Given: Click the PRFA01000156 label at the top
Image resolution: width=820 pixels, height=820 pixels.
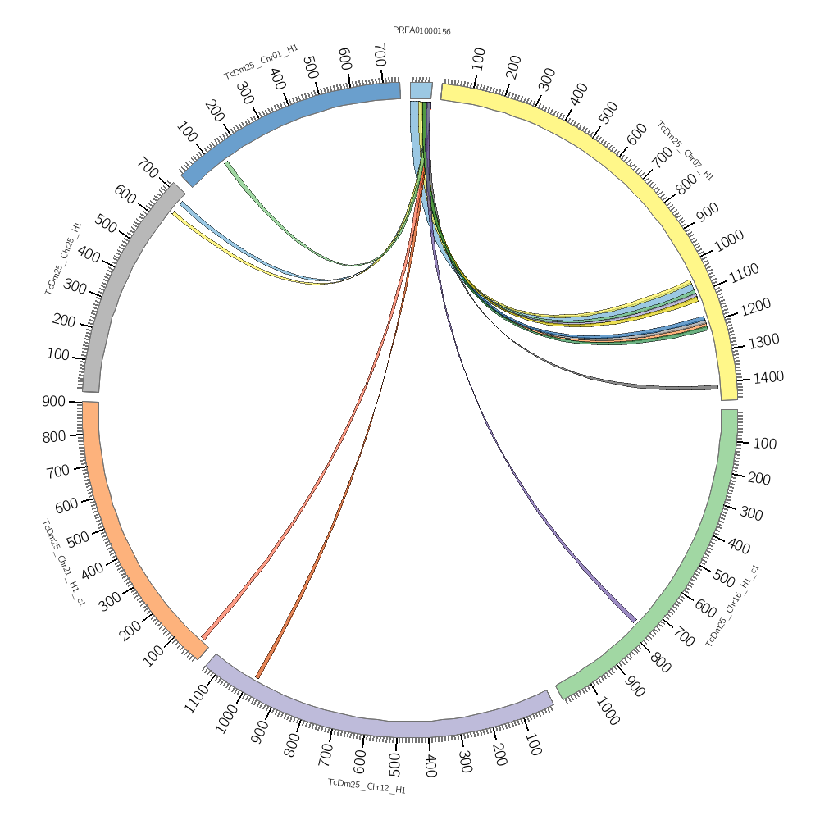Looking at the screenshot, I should (421, 31).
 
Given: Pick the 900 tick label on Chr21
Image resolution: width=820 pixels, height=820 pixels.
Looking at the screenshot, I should (54, 401).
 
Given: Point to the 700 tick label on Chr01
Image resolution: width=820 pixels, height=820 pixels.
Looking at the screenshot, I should (378, 56).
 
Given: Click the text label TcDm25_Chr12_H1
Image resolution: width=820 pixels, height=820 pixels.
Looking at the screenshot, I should (367, 786).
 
